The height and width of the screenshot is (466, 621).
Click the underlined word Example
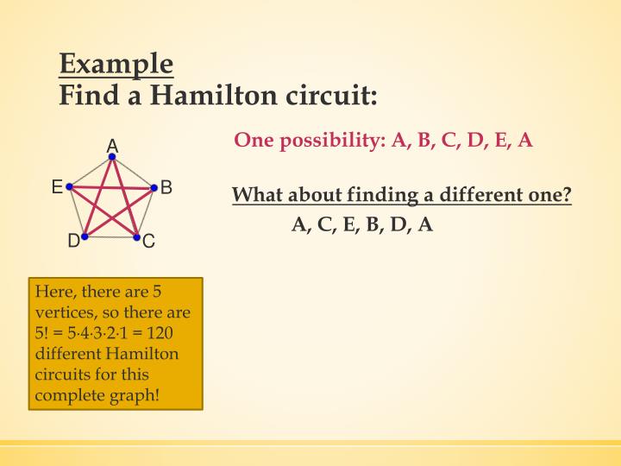pos(116,65)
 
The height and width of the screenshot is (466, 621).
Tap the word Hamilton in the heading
pos(214,95)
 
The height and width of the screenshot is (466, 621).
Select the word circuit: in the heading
pos(331,95)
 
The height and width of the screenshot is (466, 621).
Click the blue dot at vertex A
pos(112,156)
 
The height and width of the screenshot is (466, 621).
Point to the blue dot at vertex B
pos(154,187)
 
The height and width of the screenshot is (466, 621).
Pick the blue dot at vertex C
pos(136,237)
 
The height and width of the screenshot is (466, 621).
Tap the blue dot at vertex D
pos(85,236)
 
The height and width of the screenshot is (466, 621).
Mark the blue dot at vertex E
pos(69,186)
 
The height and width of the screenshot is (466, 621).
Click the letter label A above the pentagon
pos(112,146)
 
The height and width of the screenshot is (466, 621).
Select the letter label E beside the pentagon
pos(58,186)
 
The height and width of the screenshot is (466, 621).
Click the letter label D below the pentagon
pos(74,241)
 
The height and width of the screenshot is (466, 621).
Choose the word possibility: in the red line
pos(333,141)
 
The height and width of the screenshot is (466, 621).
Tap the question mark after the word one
pos(567,194)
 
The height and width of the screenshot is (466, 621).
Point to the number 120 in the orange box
pos(160,333)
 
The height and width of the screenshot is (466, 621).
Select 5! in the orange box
pos(41,333)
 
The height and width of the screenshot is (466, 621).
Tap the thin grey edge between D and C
pos(110,237)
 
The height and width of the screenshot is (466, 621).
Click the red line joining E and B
pos(111,187)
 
